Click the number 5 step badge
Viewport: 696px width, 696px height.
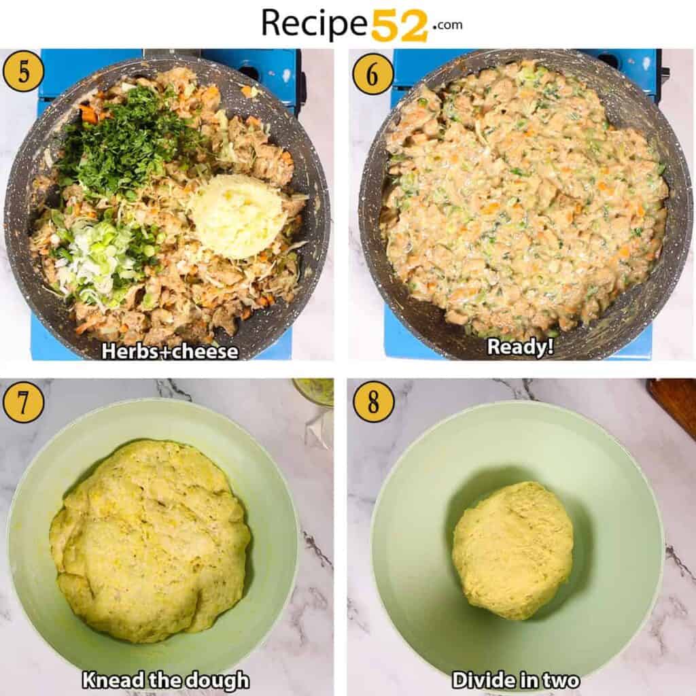23,71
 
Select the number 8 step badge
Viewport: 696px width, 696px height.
373,402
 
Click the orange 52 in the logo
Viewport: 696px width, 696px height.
400,25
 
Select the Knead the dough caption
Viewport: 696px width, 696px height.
166,680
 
